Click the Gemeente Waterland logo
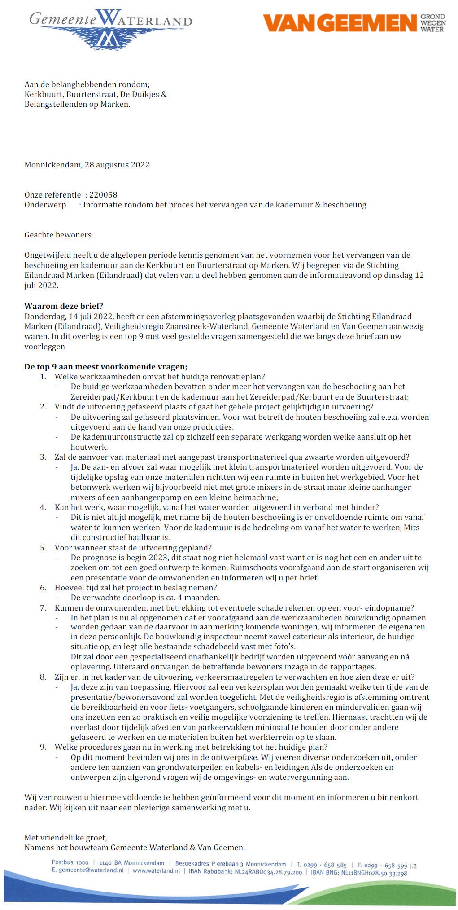[111, 27]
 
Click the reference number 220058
[103, 195]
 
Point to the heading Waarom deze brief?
[64, 307]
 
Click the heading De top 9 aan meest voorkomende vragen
[105, 367]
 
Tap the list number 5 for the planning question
[43, 548]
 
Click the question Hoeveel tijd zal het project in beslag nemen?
[136, 588]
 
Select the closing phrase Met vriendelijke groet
[65, 838]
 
